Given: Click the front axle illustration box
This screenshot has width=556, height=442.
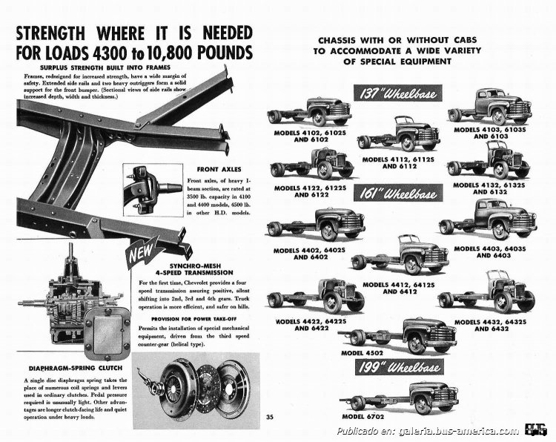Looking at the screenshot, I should pos(148,187).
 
